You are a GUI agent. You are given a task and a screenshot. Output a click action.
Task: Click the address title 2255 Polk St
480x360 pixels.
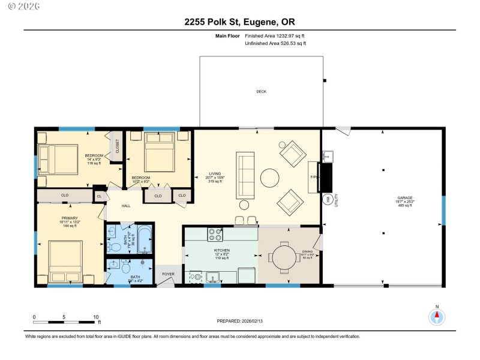(x=239, y=22)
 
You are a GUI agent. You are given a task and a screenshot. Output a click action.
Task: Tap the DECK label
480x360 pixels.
(x=261, y=92)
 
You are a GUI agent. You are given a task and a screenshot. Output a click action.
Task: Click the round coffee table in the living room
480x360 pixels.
(x=269, y=178)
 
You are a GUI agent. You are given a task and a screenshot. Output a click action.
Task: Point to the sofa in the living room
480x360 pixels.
(x=245, y=176)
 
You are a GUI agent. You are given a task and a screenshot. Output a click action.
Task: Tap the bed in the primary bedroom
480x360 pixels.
(x=65, y=260)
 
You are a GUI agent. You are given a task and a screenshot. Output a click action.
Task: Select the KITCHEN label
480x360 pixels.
(x=222, y=250)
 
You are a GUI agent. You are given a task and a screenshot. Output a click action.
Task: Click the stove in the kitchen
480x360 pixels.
(x=215, y=235)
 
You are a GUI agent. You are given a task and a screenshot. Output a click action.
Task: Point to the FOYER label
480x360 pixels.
(x=168, y=274)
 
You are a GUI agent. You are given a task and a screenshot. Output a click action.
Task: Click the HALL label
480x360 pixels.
(x=126, y=206)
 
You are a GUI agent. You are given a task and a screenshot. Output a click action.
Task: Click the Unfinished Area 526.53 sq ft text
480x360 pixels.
(x=275, y=44)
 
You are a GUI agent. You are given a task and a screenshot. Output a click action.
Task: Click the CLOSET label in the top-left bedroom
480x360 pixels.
(x=117, y=146)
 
